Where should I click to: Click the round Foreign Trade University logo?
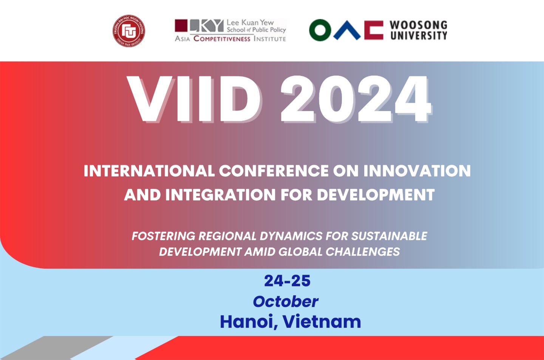point(129,31)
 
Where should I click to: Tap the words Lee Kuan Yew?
point(250,22)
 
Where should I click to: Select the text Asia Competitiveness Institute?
point(230,39)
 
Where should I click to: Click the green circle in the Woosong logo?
point(320,30)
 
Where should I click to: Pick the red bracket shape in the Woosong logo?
point(373,30)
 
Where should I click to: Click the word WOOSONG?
point(418,25)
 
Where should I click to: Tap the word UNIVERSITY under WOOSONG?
point(419,36)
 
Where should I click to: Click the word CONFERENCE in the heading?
point(274,171)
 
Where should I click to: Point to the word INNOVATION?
point(417,171)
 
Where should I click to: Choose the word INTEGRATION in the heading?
point(221,195)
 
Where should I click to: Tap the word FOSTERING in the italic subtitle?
point(163,236)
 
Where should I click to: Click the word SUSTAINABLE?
point(389,236)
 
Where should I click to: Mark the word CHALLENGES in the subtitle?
point(363,252)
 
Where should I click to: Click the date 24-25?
point(287,281)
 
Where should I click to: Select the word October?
point(286,301)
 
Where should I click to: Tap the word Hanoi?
point(247,322)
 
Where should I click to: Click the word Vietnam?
point(321,322)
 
